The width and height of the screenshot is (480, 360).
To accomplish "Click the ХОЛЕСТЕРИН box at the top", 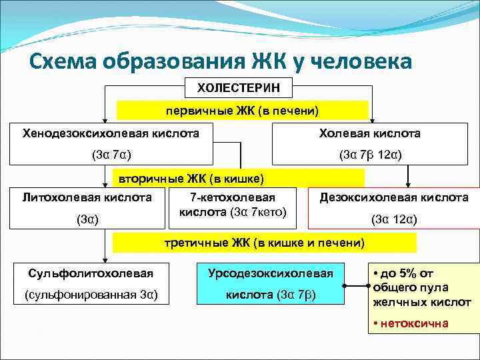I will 239,87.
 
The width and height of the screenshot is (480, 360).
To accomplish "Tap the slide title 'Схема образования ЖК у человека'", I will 222,61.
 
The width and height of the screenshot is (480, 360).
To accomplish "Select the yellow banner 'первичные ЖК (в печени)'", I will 243,110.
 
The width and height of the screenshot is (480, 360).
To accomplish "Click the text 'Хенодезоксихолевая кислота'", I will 111,133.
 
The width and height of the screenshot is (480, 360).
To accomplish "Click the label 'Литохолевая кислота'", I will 87,197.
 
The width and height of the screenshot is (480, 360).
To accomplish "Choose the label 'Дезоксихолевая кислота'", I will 393,197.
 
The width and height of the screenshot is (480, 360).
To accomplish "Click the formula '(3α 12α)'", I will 394,219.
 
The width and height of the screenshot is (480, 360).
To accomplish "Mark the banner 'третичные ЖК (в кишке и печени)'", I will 264,243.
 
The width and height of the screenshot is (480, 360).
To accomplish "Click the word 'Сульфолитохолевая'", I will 91,273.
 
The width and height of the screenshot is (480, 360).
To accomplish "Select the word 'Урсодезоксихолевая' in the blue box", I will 270,273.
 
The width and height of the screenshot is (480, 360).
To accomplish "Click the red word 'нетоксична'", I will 414,323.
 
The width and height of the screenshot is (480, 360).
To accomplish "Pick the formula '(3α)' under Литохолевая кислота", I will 87,219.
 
